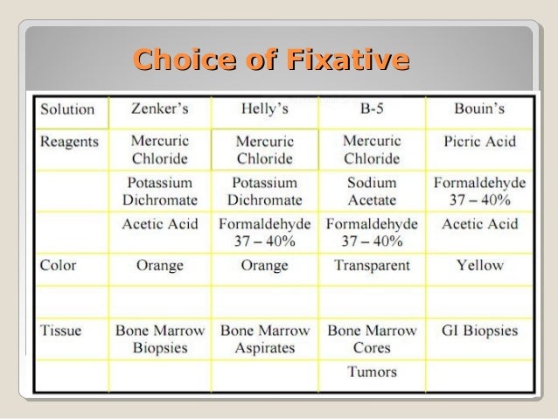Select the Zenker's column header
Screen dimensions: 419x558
159,109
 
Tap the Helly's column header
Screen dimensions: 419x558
264,109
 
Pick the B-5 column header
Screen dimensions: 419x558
372,109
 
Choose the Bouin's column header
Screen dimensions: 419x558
479,109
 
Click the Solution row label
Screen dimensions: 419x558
66,109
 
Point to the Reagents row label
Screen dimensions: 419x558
69,141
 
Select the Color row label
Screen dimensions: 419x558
59,265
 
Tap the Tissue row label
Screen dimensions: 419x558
61,332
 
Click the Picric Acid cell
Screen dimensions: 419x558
479,141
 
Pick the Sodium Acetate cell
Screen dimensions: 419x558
372,192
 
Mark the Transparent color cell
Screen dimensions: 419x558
372,265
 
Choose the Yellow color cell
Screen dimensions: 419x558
479,265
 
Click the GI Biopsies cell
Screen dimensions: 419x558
479,332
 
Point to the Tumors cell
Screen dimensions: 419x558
372,372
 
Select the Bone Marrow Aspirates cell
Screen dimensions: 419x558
264,339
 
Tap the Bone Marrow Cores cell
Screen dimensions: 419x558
372,339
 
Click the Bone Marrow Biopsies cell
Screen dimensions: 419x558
159,339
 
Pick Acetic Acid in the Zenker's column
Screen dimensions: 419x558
159,223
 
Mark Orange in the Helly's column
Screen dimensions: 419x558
264,265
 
